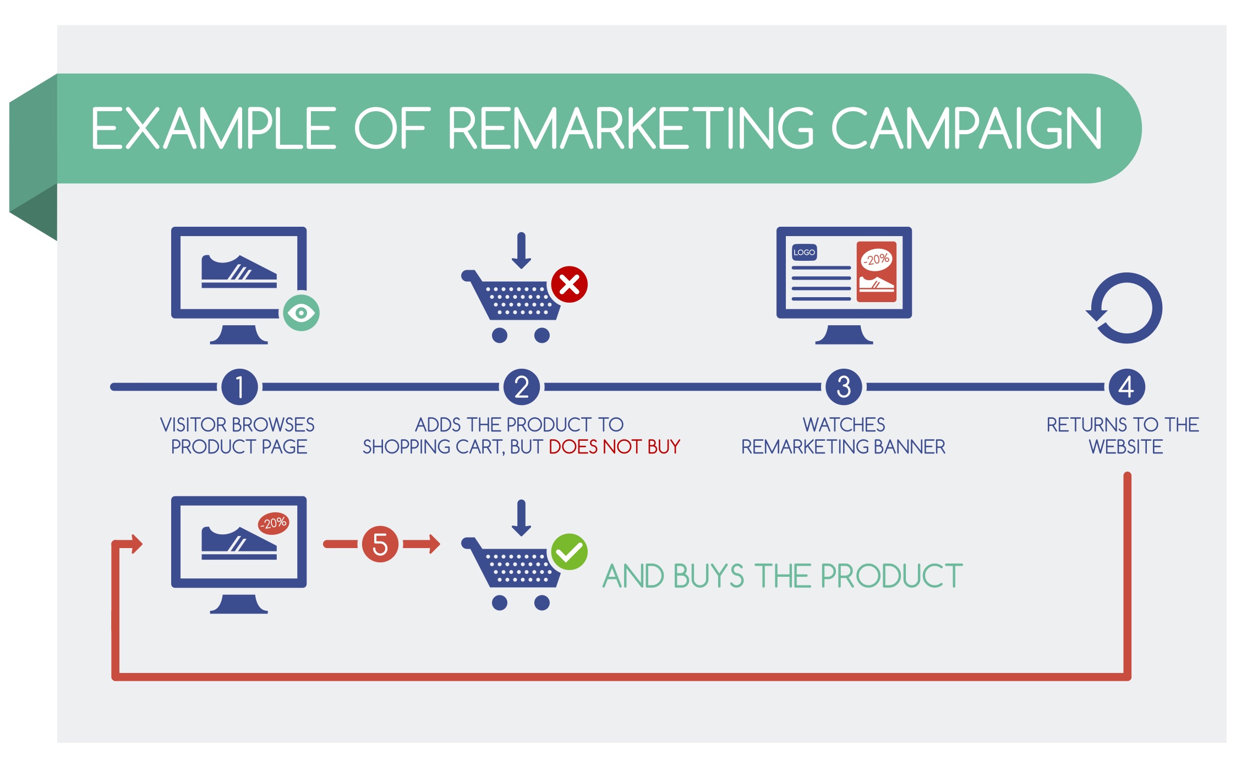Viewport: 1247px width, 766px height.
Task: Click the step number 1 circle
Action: point(239,387)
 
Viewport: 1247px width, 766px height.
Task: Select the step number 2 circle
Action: point(522,387)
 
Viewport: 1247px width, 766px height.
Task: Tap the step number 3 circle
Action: point(844,387)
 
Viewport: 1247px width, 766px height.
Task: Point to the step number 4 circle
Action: point(1126,387)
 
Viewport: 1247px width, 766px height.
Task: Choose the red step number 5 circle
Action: point(380,544)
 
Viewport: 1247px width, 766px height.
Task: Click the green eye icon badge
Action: point(301,313)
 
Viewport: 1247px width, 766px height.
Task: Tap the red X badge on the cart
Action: point(570,284)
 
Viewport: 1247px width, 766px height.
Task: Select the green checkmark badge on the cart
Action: point(570,552)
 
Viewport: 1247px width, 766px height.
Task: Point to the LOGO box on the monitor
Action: point(804,253)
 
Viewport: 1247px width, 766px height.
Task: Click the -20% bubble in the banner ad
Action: point(876,259)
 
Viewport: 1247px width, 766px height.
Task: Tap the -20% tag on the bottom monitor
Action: point(274,523)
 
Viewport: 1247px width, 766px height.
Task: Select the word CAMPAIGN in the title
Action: point(966,128)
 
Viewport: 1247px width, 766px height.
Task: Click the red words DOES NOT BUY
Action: point(615,447)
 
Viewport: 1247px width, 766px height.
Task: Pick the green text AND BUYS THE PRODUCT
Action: point(783,576)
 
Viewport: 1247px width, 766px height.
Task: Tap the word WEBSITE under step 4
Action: point(1126,447)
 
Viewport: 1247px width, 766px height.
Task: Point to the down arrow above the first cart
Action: point(521,251)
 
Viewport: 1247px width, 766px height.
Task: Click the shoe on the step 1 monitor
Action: point(239,271)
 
